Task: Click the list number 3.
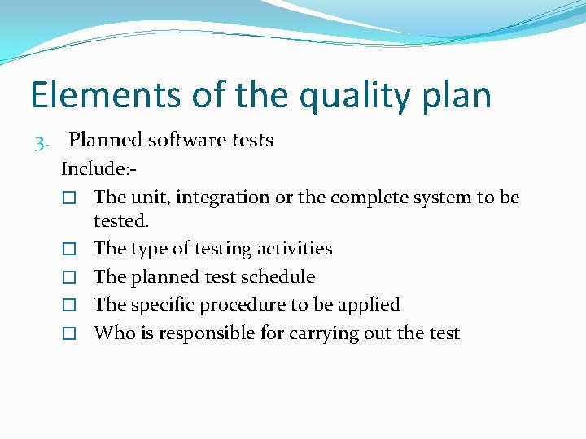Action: pos(42,142)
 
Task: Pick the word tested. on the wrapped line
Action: pos(121,221)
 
